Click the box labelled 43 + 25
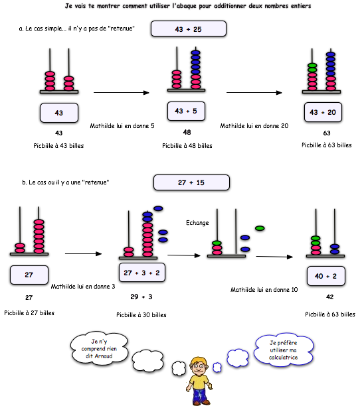tap(189, 29)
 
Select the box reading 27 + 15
tap(191, 182)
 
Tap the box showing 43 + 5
tap(186, 111)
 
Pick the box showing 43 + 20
tap(323, 112)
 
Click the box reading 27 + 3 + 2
tap(142, 273)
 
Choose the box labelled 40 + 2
tap(326, 276)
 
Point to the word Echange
tap(197, 223)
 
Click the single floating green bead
tap(260, 228)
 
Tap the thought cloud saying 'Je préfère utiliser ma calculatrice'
tap(284, 350)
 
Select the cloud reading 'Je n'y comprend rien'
tap(99, 348)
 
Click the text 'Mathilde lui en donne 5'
tap(122, 126)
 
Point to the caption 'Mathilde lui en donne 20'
tap(254, 126)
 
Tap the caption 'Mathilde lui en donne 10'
tap(264, 290)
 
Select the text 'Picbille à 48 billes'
tap(187, 146)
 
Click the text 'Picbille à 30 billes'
tap(141, 315)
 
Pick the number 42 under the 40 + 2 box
tap(330, 297)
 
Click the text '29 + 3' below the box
tap(141, 297)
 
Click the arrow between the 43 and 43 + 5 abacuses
tap(122, 92)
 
